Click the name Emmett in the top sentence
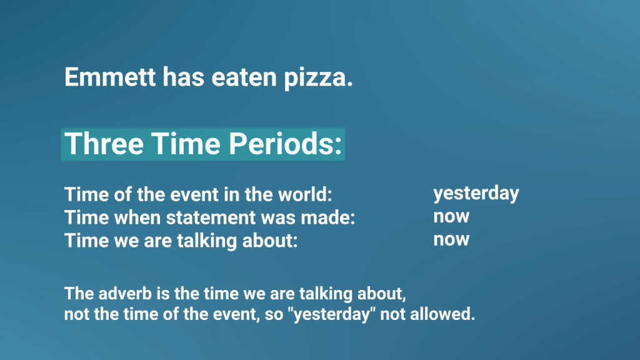110,77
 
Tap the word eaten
244,77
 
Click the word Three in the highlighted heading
104,144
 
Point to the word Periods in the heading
285,144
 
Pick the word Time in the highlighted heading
186,144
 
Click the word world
305,194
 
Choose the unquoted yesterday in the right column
476,194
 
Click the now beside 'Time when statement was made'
451,216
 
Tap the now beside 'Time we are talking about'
451,239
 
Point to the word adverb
125,294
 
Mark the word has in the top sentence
183,77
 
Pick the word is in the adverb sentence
163,294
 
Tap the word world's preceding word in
231,194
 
